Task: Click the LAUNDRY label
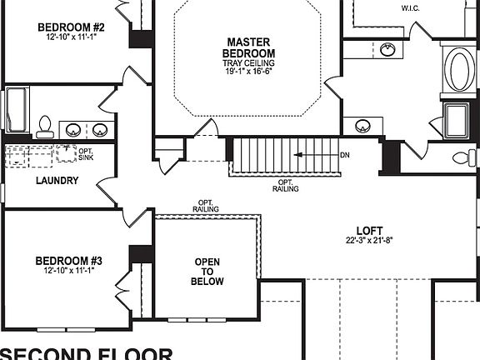57,180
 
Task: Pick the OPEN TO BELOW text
207,272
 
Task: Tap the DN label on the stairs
346,156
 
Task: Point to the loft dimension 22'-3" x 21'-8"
369,241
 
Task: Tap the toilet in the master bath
463,157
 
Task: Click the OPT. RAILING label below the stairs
285,184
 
